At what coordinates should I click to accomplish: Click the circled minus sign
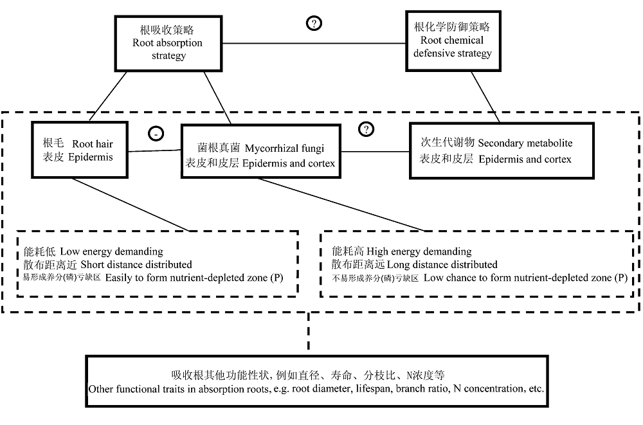click(156, 133)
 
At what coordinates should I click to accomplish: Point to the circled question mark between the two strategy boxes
click(314, 23)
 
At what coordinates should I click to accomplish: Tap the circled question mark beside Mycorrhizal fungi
click(367, 129)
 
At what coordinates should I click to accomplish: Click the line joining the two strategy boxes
click(314, 43)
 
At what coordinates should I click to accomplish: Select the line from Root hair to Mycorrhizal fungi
click(154, 150)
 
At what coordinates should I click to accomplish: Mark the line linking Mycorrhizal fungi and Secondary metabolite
click(376, 151)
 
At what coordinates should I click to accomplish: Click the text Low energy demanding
click(111, 251)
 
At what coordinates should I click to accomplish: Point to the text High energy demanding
click(419, 251)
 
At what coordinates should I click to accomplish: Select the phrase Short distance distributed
click(136, 264)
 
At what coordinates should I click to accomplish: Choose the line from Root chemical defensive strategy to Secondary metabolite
click(485, 97)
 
